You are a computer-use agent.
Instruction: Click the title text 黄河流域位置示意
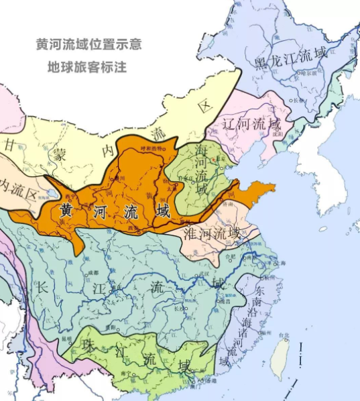[x=88, y=45]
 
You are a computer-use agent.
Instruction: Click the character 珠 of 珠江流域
[x=87, y=345]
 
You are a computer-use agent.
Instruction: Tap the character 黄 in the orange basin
[x=67, y=209]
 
